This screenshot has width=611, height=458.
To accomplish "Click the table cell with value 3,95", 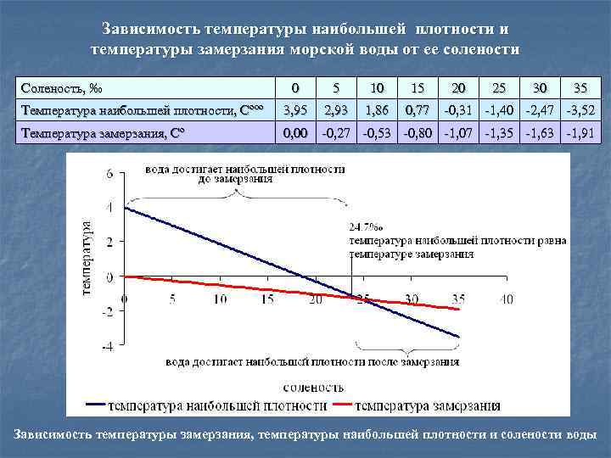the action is coord(295,110).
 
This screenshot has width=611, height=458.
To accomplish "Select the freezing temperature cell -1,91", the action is coord(580,133).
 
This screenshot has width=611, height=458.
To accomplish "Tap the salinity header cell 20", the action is coord(458,88).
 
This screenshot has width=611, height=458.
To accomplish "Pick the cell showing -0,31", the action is coord(458,110).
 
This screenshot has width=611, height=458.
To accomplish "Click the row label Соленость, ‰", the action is coord(62,88).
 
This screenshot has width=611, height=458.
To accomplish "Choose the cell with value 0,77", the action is coord(418,110).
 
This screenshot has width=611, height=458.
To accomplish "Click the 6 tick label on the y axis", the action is coord(109,173).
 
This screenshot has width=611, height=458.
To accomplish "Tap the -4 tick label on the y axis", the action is coord(108,346).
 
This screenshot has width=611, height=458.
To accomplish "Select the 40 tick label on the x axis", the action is coord(507,299).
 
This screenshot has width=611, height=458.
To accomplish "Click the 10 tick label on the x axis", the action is coord(220,299).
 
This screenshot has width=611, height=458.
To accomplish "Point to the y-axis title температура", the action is coord(87,260).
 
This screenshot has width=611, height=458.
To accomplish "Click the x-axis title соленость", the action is coord(314,388).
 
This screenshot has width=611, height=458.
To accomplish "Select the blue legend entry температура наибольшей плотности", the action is coord(206,405).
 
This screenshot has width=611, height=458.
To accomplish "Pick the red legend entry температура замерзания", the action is coord(417,405).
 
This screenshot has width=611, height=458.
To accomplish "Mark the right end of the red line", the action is coord(460,310).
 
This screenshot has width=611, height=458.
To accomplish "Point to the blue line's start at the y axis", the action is coord(125,208).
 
